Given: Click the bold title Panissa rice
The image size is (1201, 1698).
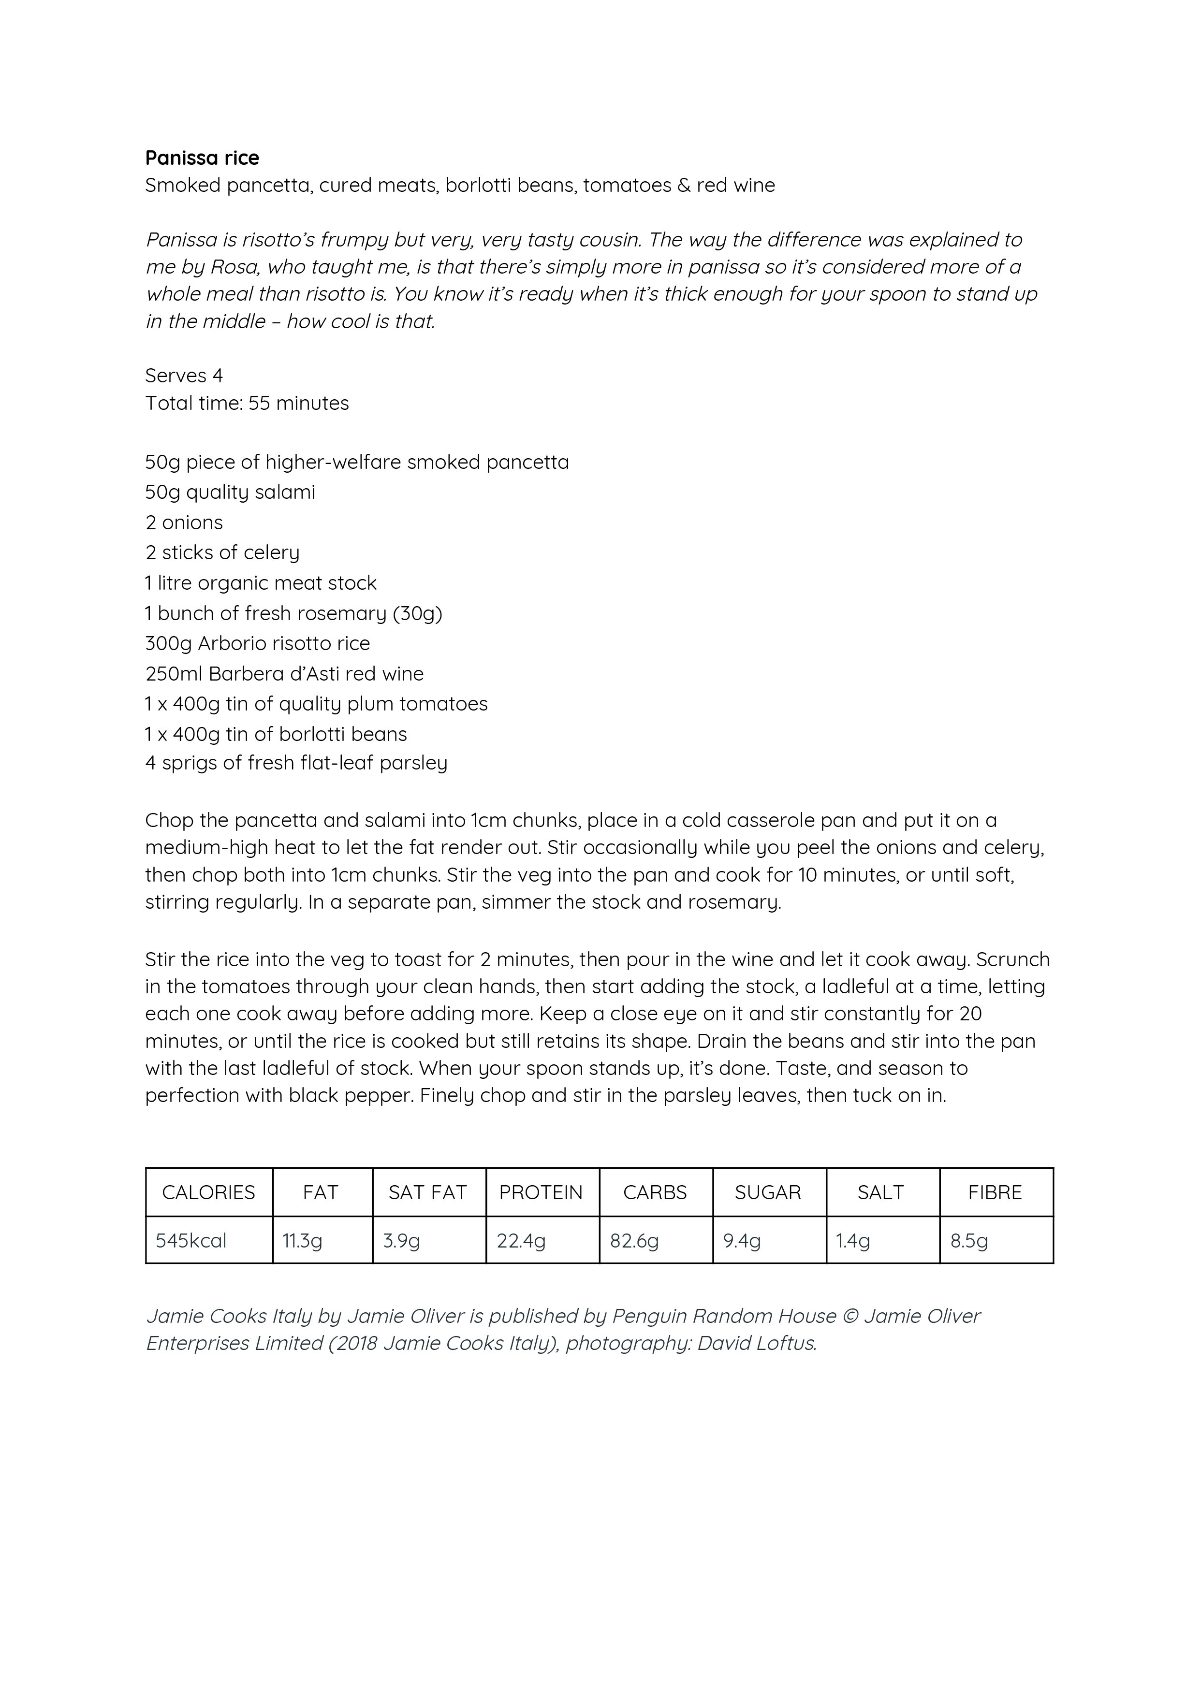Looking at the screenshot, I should click(202, 158).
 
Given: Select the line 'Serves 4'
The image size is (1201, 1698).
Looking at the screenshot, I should click(184, 376).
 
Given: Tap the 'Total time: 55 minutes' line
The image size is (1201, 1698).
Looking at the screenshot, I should click(247, 403).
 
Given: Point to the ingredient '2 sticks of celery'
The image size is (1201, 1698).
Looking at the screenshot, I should click(222, 552).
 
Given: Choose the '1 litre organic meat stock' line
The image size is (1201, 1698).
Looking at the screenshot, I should click(261, 583).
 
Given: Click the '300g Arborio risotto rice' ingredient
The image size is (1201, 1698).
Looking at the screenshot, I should click(258, 643).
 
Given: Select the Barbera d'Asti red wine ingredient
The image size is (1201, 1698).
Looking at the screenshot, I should click(284, 674).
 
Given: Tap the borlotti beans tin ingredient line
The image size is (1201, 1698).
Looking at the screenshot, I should click(276, 734).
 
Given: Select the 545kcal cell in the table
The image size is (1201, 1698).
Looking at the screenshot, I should click(191, 1240).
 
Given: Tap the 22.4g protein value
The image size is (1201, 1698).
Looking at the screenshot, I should click(521, 1240).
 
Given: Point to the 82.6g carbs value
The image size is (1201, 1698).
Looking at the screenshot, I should click(634, 1240).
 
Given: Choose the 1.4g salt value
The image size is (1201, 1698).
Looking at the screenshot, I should click(853, 1240).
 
